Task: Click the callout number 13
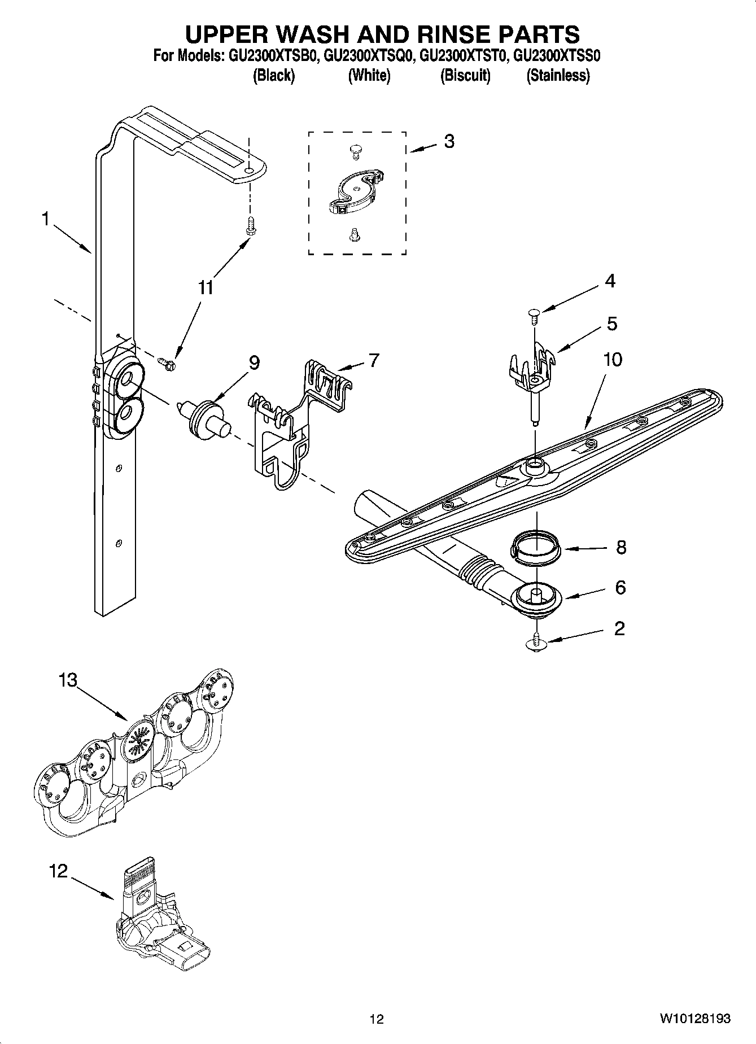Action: (68, 680)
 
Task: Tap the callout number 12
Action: (58, 871)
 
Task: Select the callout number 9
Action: (254, 363)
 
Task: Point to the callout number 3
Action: (448, 141)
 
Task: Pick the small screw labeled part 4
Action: (534, 313)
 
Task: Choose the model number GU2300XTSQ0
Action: (369, 56)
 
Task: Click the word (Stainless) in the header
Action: (558, 75)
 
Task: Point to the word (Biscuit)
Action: (465, 75)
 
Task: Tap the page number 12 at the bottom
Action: (377, 1019)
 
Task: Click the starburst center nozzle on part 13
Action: (138, 740)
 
